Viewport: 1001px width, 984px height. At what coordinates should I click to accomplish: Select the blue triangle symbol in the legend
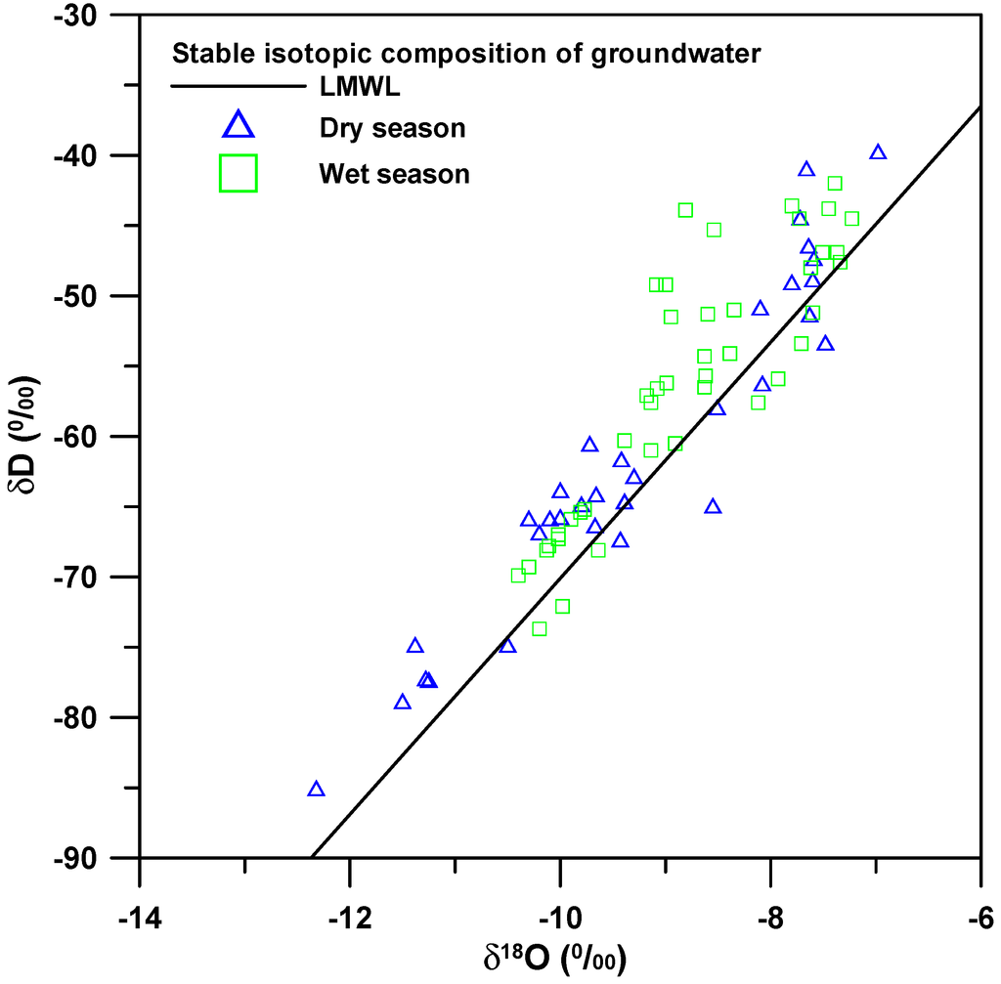coord(239,125)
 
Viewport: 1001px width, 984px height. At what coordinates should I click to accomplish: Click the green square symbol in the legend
coord(239,173)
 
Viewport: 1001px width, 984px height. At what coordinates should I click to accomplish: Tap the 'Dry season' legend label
coord(391,128)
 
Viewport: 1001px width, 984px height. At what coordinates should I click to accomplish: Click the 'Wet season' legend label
coord(394,175)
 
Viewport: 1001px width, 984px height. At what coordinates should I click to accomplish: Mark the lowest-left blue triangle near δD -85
coord(316,790)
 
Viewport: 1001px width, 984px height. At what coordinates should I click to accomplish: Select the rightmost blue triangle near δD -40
coord(878,152)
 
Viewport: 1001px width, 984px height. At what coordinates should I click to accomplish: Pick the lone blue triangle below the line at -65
coord(713,506)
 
